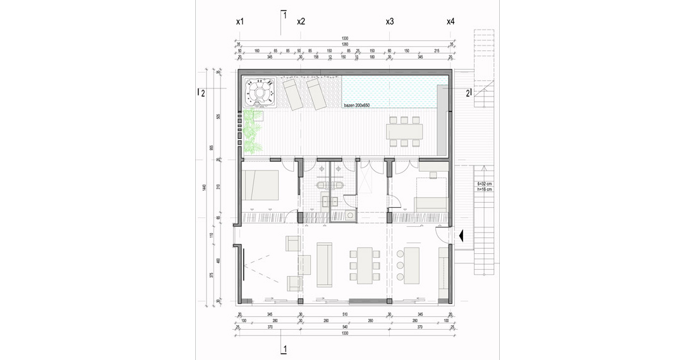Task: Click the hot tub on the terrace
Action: (260, 92)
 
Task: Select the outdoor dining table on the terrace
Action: (404, 131)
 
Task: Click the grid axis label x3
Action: (390, 21)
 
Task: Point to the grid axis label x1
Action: (239, 21)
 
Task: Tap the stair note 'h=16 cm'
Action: (485, 189)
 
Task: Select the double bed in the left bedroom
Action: (261, 184)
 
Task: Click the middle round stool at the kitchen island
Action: (400, 265)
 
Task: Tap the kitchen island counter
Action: (413, 265)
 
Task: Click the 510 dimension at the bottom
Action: (344, 315)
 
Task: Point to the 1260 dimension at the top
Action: (344, 44)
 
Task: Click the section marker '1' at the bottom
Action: (285, 348)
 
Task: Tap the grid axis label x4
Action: (450, 21)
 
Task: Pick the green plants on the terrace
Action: (253, 131)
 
